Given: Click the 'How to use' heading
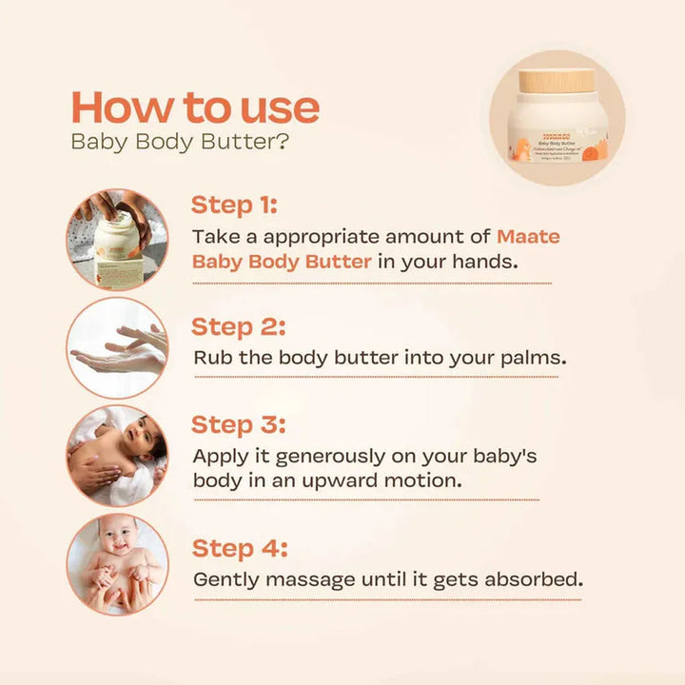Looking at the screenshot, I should click(195, 107).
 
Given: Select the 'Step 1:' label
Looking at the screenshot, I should click(234, 205).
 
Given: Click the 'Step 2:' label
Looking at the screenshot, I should click(238, 326).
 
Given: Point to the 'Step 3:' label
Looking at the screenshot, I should click(238, 424).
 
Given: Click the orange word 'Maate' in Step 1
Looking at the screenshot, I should click(528, 235).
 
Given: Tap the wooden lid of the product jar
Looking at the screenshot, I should click(558, 78).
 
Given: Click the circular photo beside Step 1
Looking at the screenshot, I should click(117, 238).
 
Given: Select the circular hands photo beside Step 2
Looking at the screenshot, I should click(117, 347).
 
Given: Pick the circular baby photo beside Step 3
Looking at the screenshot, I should click(117, 455).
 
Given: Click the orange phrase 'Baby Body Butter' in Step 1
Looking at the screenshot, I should click(282, 261).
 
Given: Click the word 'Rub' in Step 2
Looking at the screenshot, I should click(210, 359).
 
